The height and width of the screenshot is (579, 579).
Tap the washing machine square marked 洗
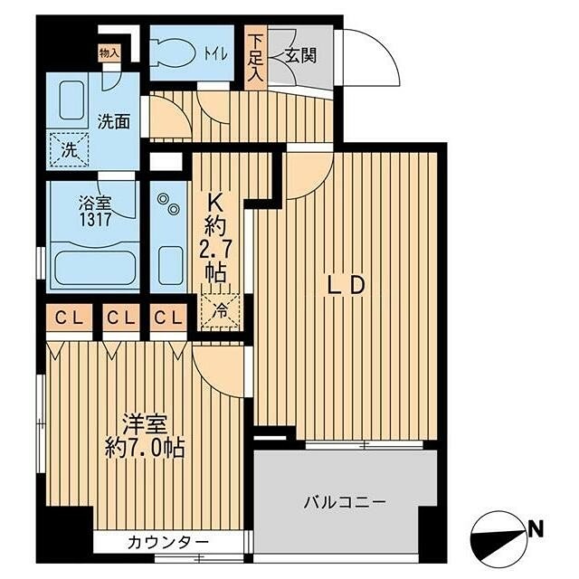click(x=70, y=147)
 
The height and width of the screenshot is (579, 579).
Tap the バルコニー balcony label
click(x=344, y=500)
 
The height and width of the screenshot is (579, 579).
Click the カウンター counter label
click(x=168, y=543)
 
